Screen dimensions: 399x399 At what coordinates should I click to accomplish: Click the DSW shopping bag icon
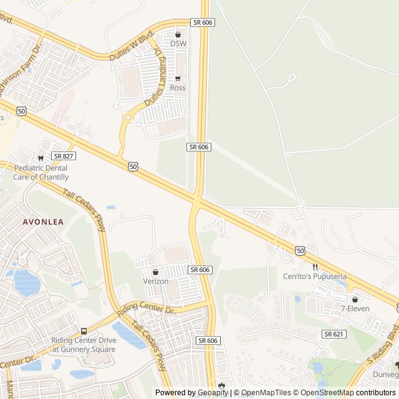point(178,34)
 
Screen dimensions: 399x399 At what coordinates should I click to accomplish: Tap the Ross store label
point(178,88)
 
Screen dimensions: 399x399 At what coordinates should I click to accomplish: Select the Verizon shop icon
point(156,272)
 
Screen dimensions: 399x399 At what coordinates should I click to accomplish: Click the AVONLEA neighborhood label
point(43,221)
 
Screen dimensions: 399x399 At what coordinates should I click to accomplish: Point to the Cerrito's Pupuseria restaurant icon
point(315,267)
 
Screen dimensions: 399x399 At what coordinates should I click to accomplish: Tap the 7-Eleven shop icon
point(355,299)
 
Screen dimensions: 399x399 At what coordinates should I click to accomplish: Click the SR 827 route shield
point(64,156)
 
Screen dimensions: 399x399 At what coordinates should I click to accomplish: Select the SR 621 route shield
point(334,334)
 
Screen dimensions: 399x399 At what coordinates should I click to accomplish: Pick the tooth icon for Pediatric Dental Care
point(41,158)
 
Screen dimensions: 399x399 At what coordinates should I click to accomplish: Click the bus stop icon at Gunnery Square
point(84,331)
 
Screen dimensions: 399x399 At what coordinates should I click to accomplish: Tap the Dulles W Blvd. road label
point(131,44)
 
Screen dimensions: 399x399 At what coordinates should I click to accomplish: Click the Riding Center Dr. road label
point(147,309)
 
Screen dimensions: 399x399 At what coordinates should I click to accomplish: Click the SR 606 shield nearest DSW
point(203,22)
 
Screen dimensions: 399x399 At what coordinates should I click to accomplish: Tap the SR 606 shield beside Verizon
point(199,269)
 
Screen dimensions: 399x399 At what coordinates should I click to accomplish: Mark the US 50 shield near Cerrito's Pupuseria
point(301,250)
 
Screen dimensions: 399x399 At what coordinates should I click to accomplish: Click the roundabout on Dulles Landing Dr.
point(128,117)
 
